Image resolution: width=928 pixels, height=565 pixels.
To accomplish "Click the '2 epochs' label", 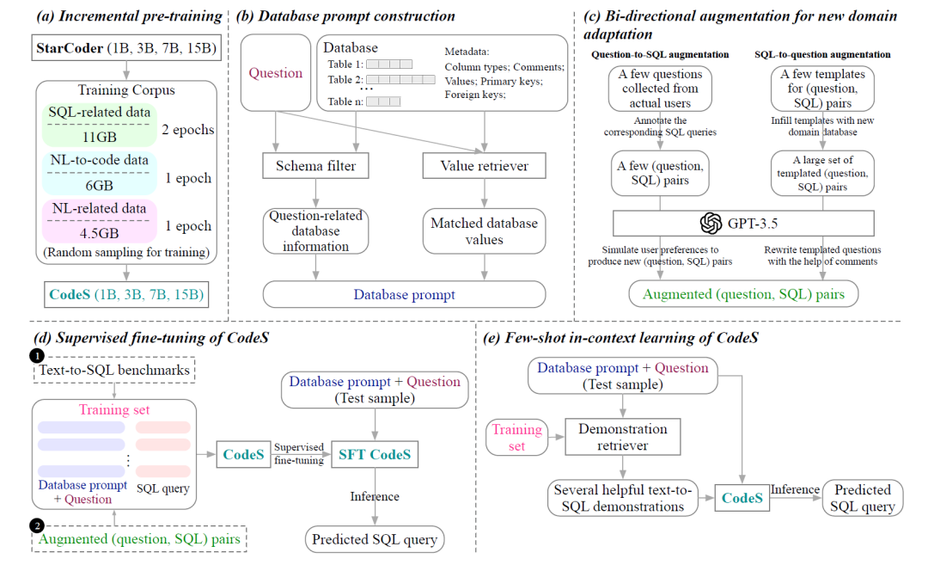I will point(188,130).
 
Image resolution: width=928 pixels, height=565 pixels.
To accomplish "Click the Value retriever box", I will point(484,166).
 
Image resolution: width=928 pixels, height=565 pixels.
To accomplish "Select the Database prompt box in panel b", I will point(404,294).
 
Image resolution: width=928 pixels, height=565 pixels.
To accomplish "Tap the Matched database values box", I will point(484,231).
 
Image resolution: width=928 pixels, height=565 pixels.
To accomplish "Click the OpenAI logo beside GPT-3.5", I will point(710,223).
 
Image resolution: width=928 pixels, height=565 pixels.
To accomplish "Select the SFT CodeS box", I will point(375,453).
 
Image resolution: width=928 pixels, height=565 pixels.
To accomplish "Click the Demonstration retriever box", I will point(622,438).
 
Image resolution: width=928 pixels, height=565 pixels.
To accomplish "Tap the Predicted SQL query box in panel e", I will point(864,498).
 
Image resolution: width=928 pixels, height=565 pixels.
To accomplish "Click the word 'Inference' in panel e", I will point(795,489).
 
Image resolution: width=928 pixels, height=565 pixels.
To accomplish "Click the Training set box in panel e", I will point(516,438).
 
